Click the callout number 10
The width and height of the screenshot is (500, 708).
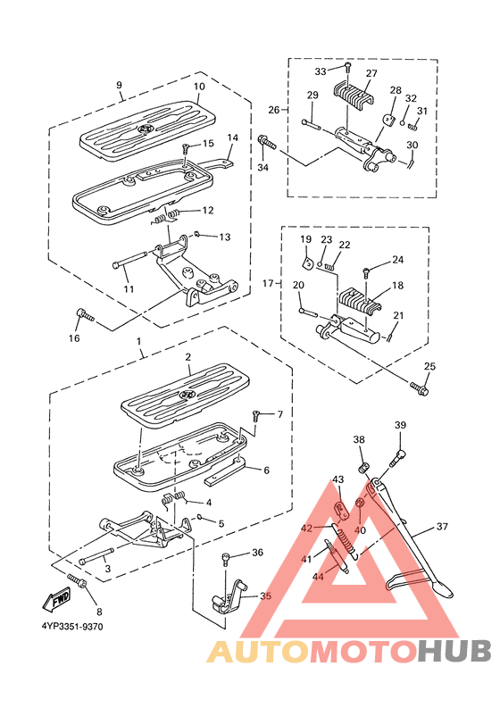(x=199, y=87)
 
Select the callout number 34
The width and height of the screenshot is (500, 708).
(x=262, y=167)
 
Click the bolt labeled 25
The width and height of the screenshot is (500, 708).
(x=421, y=388)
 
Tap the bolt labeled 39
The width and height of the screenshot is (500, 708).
(x=397, y=458)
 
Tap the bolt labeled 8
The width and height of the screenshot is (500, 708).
(x=79, y=583)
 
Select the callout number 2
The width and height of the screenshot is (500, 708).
(x=188, y=357)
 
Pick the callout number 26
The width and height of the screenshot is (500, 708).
(x=273, y=111)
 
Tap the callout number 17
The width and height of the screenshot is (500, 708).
(x=266, y=283)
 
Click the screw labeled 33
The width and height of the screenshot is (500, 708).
(x=347, y=68)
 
